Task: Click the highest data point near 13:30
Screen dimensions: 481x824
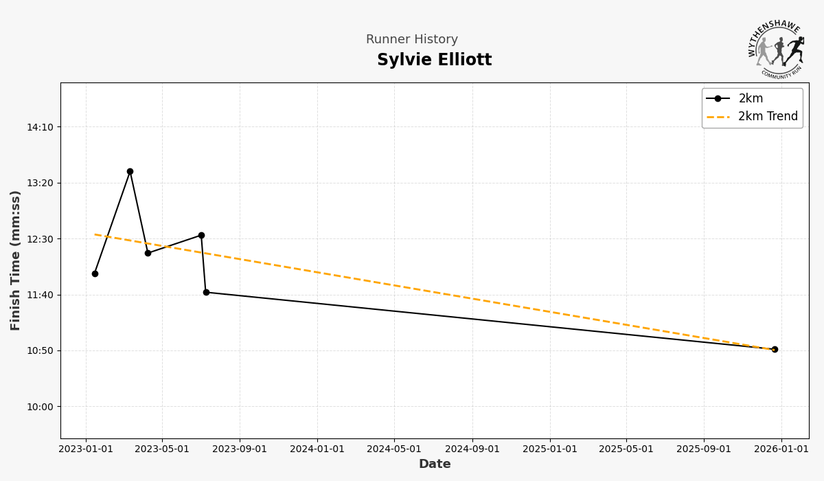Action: point(130,171)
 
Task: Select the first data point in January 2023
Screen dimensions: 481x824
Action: point(95,273)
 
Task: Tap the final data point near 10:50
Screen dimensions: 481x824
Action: point(775,349)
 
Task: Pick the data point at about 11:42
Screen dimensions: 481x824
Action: point(206,292)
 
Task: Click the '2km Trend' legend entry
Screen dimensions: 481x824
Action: point(768,117)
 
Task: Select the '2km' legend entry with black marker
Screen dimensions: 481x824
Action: point(751,99)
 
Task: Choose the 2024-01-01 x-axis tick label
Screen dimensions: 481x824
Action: point(317,449)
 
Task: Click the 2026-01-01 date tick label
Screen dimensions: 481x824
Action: point(781,449)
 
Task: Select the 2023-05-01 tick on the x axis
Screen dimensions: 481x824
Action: point(162,449)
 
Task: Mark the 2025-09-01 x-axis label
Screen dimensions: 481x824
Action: point(704,449)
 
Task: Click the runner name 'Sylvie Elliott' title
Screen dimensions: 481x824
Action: point(434,60)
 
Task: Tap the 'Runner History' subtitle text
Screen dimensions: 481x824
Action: point(411,40)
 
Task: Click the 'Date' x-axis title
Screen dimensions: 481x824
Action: point(435,465)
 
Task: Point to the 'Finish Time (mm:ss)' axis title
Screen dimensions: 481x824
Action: point(16,260)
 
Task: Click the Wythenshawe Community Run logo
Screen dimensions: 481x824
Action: point(777,48)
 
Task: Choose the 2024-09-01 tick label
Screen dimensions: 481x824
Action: point(472,449)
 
